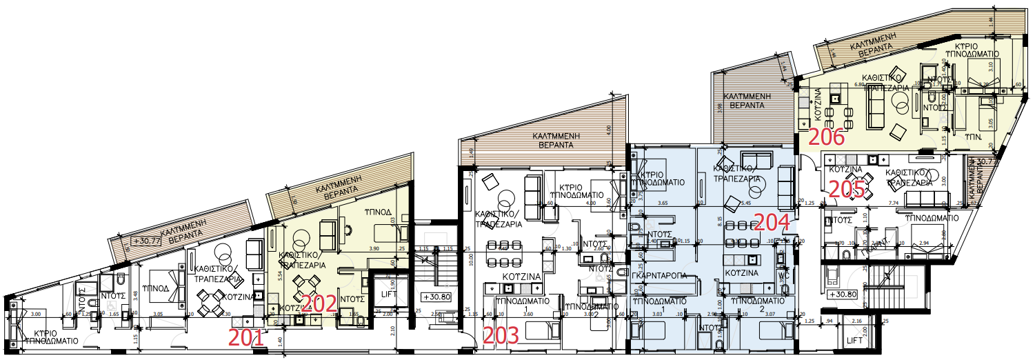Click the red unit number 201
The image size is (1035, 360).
[246, 337]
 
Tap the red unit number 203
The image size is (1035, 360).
[501, 336]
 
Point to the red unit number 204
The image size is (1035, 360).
[773, 222]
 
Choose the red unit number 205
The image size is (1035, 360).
[846, 189]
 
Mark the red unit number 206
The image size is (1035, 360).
[826, 137]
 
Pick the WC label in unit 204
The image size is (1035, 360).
[783, 274]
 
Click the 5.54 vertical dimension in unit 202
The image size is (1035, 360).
[272, 274]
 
